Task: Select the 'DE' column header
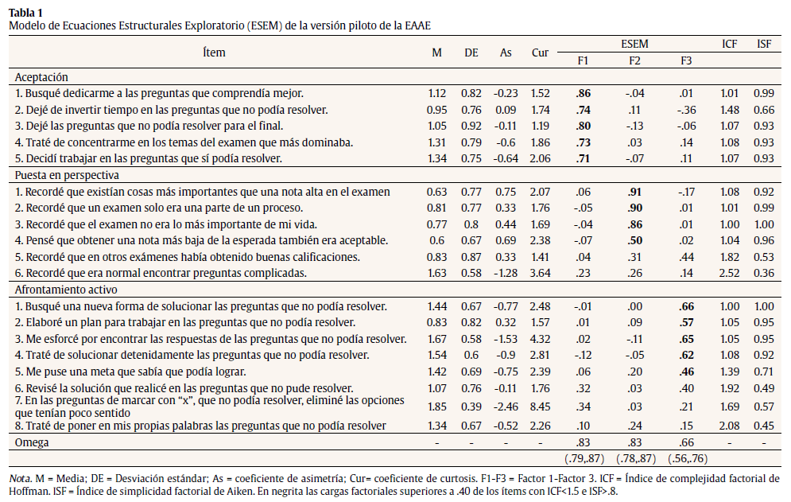(471, 53)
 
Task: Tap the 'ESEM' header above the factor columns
(634, 45)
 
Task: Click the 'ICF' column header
(729, 45)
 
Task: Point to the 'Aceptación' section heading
(41, 77)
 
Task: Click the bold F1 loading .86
(583, 93)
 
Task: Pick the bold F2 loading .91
(634, 191)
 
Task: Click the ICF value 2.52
(729, 273)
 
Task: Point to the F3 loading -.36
(685, 110)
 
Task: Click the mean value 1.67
(436, 339)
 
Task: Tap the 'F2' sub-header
(634, 60)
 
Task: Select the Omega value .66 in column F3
(686, 441)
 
